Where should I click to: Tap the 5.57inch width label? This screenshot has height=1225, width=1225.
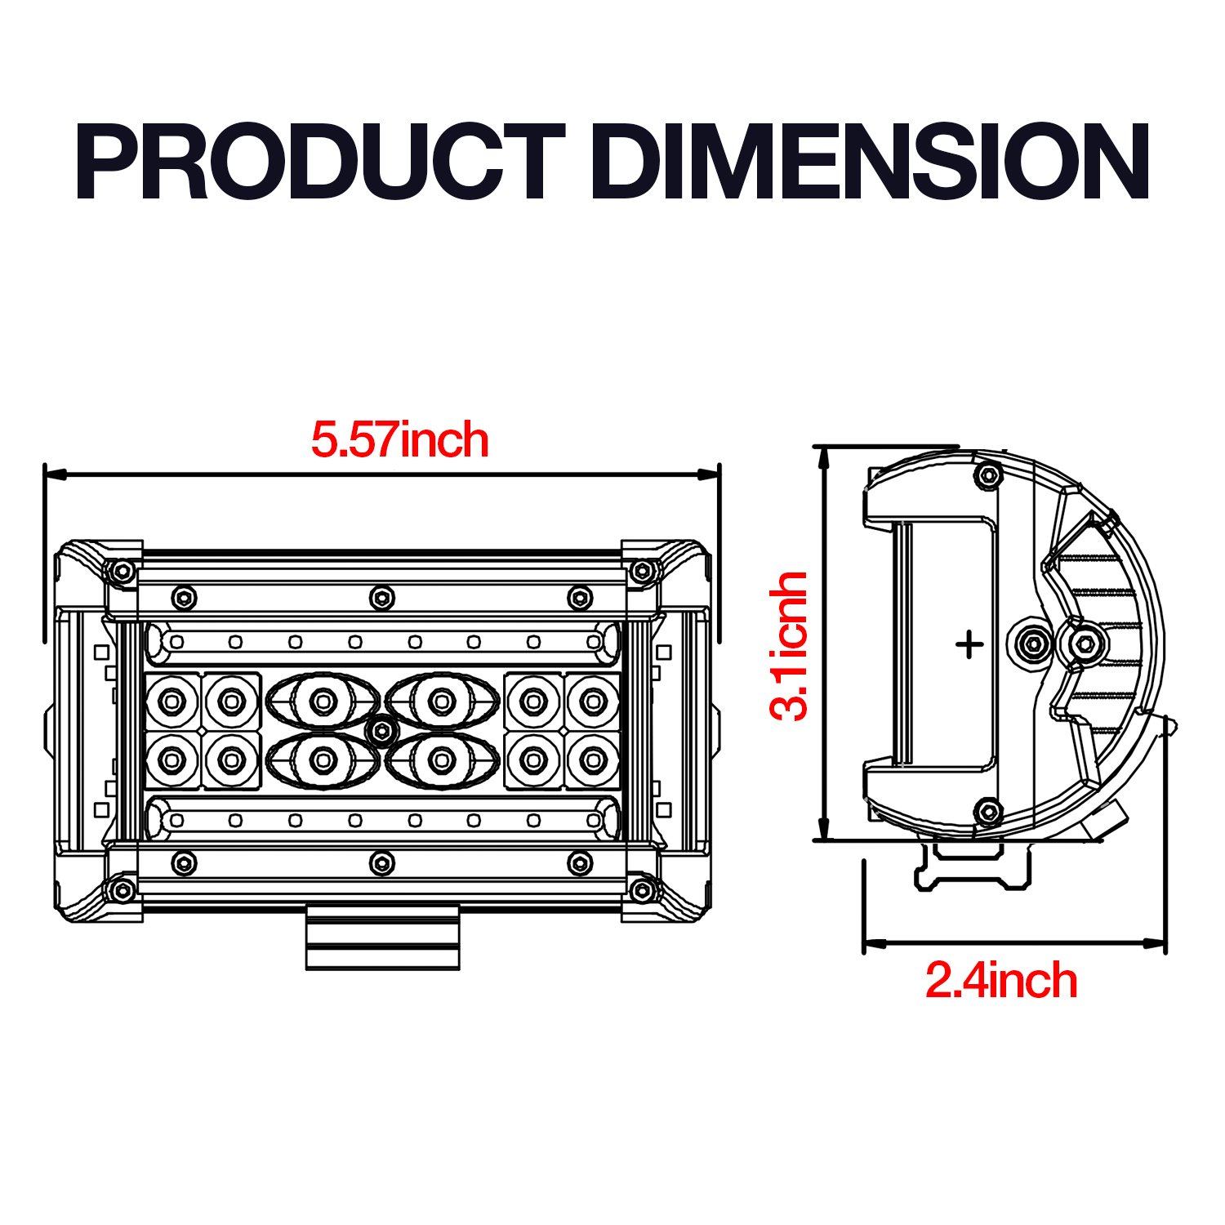(x=400, y=440)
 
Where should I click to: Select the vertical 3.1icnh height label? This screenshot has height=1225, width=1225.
(x=789, y=645)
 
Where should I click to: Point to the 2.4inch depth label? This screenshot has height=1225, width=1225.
(x=1001, y=980)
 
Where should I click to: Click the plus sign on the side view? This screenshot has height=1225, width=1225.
(x=969, y=645)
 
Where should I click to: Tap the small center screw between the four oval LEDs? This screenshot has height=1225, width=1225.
(x=381, y=731)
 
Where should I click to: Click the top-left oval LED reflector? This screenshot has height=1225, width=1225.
(x=323, y=700)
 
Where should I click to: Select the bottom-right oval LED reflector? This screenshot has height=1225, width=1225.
(x=442, y=760)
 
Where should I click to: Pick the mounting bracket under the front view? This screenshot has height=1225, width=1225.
(x=383, y=937)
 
